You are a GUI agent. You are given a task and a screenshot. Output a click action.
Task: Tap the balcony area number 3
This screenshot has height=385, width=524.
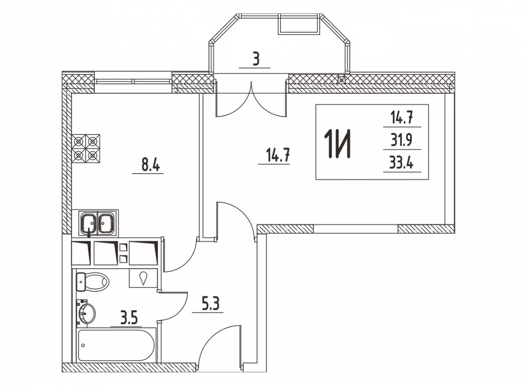pyautogui.click(x=256, y=60)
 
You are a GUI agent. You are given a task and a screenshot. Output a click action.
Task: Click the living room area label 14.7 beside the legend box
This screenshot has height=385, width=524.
pyautogui.click(x=278, y=156)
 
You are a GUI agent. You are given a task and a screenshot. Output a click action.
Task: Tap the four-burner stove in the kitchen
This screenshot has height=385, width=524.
pyautogui.click(x=86, y=148)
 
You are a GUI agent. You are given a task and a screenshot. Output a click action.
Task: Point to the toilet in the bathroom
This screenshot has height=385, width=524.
pyautogui.click(x=92, y=282)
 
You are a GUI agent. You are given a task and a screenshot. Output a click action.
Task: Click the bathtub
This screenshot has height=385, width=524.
pyautogui.click(x=116, y=345)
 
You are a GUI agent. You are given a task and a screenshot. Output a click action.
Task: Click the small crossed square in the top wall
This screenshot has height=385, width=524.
pyautogui.click(x=341, y=80)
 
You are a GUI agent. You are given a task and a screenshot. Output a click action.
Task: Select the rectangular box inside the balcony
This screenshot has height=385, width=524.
pyautogui.click(x=299, y=24)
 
